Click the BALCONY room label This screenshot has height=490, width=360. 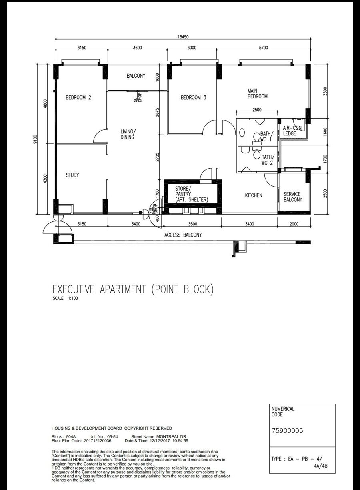pyautogui.click(x=136, y=76)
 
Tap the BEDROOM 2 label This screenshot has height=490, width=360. pyautogui.click(x=78, y=98)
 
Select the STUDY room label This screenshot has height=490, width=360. pyautogui.click(x=72, y=175)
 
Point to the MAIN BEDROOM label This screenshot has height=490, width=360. pyautogui.click(x=258, y=94)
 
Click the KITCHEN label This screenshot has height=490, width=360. pyautogui.click(x=254, y=195)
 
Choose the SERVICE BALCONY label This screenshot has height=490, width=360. pyautogui.click(x=293, y=197)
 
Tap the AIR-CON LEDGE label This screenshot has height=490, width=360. pyautogui.click(x=292, y=131)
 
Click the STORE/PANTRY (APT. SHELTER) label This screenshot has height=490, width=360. pyautogui.click(x=192, y=194)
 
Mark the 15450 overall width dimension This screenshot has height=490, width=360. pyautogui.click(x=183, y=37)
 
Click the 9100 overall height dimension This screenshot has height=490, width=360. pyautogui.click(x=36, y=139)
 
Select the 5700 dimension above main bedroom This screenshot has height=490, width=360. pyautogui.click(x=263, y=48)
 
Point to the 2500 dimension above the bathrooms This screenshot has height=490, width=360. pyautogui.click(x=257, y=110)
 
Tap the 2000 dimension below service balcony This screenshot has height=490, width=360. pyautogui.click(x=294, y=224)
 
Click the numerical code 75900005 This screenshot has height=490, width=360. pyautogui.click(x=287, y=431)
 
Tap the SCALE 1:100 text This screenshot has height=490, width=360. pyautogui.click(x=65, y=298)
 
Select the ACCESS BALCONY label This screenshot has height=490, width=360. pyautogui.click(x=183, y=235)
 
